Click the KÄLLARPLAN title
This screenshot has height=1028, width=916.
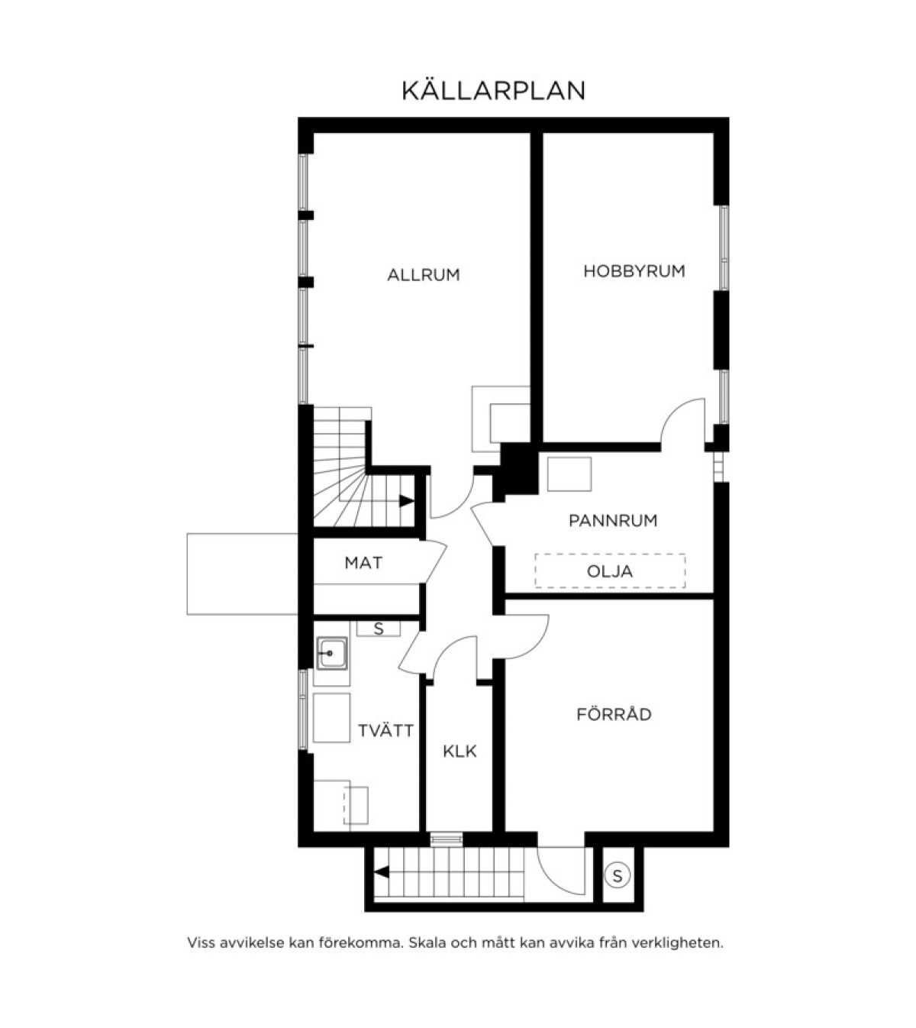point(493,90)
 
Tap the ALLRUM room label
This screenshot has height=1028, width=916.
point(424,275)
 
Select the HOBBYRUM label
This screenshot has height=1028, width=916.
point(634,271)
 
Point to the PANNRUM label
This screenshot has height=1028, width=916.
point(613,521)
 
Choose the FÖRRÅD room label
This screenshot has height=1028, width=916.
point(614,714)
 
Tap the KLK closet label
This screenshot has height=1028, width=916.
point(460,751)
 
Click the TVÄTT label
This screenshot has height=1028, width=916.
point(385,730)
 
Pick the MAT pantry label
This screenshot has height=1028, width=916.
point(363,563)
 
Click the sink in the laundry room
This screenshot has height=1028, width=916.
point(332,654)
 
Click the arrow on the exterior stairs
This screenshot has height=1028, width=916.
point(382,872)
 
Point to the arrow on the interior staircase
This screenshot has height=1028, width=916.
point(406,501)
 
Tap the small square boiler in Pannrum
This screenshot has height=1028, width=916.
point(569,474)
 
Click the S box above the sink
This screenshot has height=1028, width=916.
point(379,629)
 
